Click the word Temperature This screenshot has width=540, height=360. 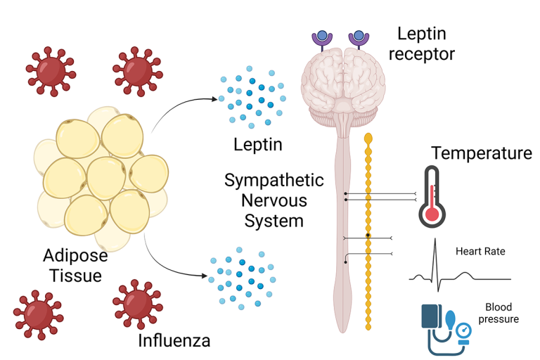point(482,153)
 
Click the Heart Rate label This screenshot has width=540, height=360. point(480,251)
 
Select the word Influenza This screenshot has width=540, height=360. point(173,342)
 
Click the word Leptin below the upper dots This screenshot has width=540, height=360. point(257,146)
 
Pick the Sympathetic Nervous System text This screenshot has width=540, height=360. point(274,200)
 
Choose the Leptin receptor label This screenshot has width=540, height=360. point(426,43)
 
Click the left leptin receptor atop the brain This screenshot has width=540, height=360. point(323,39)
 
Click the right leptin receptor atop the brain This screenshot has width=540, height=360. point(359,39)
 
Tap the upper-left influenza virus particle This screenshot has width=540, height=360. point(49,68)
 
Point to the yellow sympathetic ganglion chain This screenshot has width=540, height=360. point(368,232)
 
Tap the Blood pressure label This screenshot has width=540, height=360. point(501,313)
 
